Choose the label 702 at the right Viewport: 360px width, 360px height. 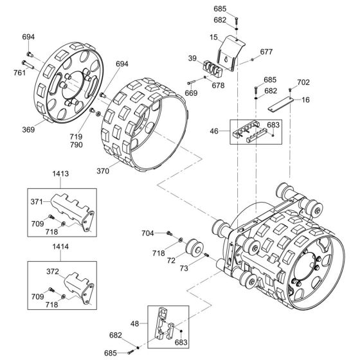pyautogui.click(x=304, y=82)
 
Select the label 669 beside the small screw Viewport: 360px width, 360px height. pyautogui.click(x=191, y=94)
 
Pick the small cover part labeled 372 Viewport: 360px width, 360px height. pyautogui.click(x=72, y=283)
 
